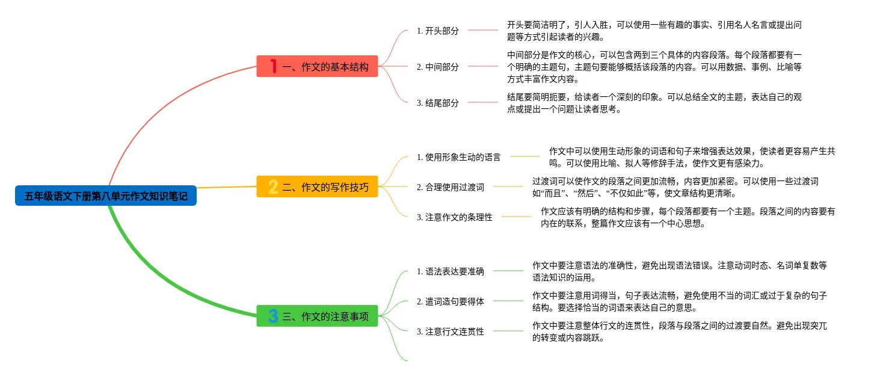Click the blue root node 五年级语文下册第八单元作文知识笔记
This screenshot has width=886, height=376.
pos(106,196)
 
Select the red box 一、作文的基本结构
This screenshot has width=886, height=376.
pos(317,66)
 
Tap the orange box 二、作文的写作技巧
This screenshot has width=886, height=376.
pos(317,187)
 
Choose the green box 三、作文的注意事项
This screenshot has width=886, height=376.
pos(317,316)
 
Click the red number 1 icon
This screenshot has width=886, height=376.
pos(273,66)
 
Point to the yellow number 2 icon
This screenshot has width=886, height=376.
pos(273,187)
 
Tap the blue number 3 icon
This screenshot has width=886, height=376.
pos(273,316)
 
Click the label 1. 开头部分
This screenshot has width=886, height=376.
pos(437,31)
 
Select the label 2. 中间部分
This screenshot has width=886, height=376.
pos(437,67)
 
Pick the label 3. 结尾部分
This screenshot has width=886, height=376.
pos(437,103)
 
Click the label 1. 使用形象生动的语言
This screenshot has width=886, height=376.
pos(458,157)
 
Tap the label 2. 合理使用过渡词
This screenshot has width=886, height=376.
pos(450,187)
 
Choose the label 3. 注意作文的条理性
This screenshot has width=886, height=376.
pos(454,217)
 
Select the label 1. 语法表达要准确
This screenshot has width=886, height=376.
pos(450,271)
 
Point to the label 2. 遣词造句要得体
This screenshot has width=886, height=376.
pos(450,301)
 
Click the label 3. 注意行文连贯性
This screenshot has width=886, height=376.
pos(450,331)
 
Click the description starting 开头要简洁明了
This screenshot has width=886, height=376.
pos(654,31)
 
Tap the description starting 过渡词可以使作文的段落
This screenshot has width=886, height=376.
pos(675,187)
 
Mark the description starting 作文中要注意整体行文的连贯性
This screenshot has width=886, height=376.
pos(680,331)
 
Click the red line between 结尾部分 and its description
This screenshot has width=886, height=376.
pos(483,102)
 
